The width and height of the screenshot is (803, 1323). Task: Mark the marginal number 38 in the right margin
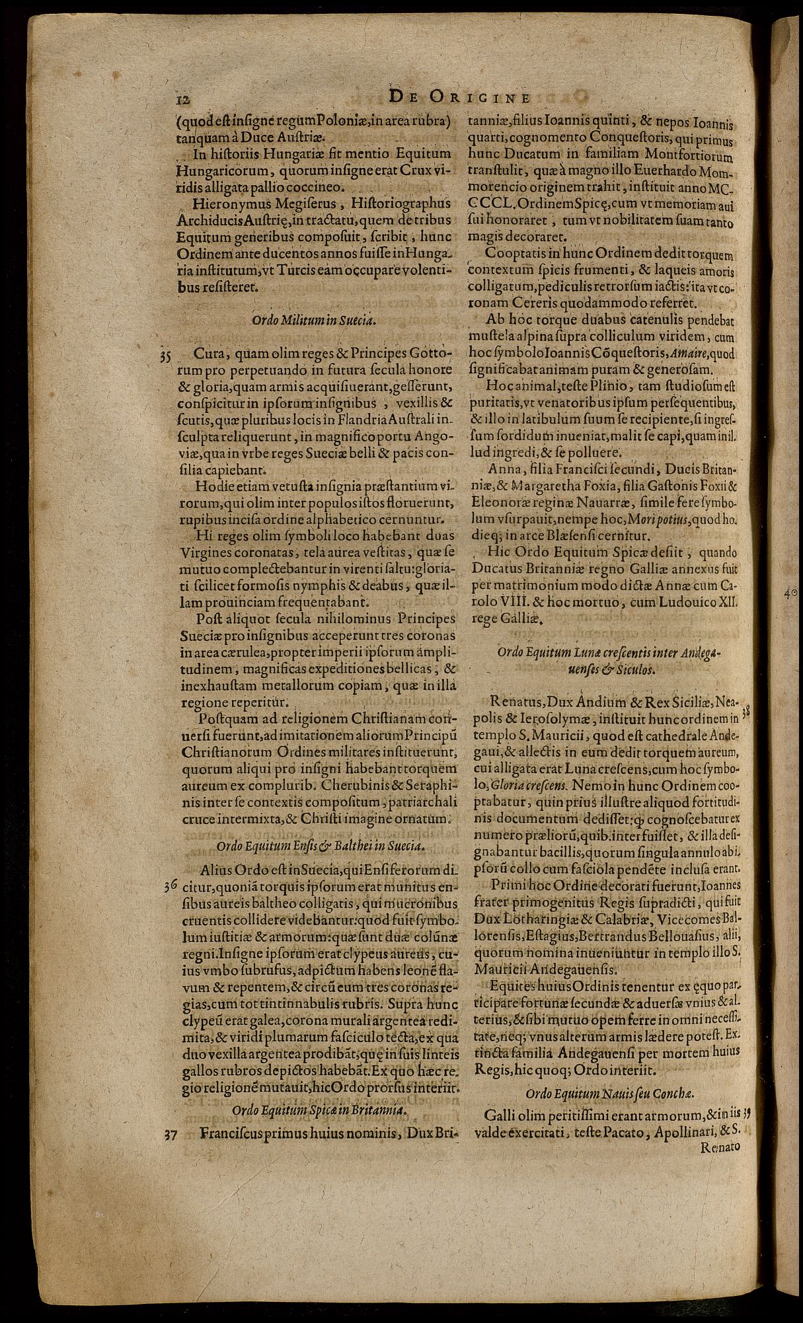tap(746, 712)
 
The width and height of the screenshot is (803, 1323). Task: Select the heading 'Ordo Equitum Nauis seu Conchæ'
tap(604, 1092)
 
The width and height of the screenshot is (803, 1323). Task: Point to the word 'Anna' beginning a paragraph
tap(502, 469)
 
